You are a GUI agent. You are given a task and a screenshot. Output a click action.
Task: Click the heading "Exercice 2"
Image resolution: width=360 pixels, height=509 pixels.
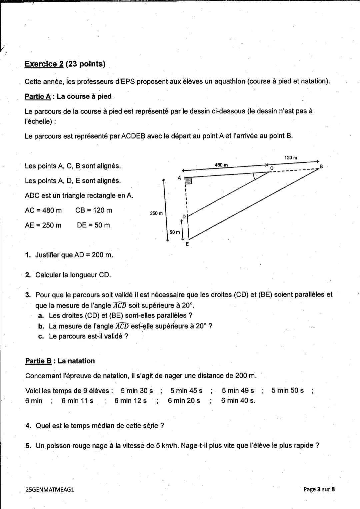pos(44,64)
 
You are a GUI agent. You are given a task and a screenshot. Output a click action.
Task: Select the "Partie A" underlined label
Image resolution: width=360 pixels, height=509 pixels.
pos(37,96)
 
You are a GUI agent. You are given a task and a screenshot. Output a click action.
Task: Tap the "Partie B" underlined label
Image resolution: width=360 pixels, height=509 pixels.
pos(38,361)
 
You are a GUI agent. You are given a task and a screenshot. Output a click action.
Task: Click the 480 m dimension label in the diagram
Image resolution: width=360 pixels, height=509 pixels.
pos(221,165)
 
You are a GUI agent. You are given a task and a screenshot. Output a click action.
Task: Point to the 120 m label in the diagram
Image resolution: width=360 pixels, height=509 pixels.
pos(291,157)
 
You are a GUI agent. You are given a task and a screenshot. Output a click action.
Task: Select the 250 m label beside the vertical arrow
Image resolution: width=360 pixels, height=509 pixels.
pos(156,213)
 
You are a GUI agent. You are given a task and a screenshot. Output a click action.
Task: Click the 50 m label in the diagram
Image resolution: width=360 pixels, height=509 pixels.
pos(174,232)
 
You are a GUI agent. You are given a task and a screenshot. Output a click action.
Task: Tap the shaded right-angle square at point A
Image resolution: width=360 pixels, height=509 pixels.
pos(188,181)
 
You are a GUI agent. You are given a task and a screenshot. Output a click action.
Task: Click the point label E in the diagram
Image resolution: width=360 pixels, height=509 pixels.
pos(187,244)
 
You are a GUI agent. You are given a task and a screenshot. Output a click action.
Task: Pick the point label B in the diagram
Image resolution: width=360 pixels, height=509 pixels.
pos(321,166)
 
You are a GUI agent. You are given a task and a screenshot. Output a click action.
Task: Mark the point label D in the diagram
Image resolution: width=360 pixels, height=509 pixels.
pos(184,217)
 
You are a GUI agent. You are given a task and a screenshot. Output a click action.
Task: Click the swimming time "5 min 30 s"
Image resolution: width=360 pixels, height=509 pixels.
pos(137,390)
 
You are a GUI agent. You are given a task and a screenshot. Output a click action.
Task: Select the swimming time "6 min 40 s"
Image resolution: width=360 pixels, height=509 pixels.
pos(238,401)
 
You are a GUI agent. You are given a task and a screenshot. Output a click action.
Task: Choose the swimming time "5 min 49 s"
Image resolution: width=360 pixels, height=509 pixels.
pos(238,390)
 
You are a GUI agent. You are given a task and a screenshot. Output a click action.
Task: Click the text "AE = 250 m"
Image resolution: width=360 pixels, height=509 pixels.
pos(43,225)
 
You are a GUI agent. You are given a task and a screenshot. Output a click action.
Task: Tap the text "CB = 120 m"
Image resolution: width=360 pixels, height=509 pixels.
pos(94,210)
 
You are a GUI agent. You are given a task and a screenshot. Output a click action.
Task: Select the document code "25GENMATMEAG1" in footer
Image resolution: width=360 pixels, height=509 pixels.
pos(50,489)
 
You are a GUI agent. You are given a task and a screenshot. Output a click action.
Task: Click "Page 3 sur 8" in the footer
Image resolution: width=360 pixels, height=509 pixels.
pos(319,489)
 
